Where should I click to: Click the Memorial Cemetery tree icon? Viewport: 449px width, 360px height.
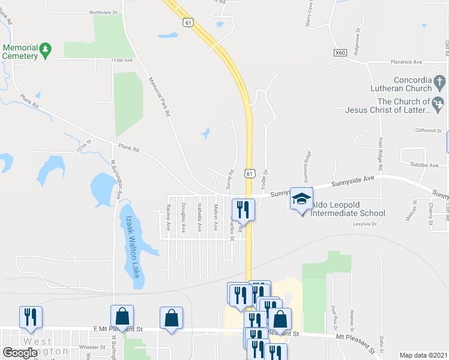click(45, 48)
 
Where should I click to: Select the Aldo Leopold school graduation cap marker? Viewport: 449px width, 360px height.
click(301, 200)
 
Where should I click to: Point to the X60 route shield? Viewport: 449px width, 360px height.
click(340, 53)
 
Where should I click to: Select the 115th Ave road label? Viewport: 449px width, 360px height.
click(121, 61)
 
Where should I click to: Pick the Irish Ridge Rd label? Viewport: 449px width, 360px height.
click(381, 152)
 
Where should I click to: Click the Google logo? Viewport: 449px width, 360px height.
click(20, 353)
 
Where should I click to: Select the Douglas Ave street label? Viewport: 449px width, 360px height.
click(184, 218)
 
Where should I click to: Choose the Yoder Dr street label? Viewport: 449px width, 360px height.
click(265, 178)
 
